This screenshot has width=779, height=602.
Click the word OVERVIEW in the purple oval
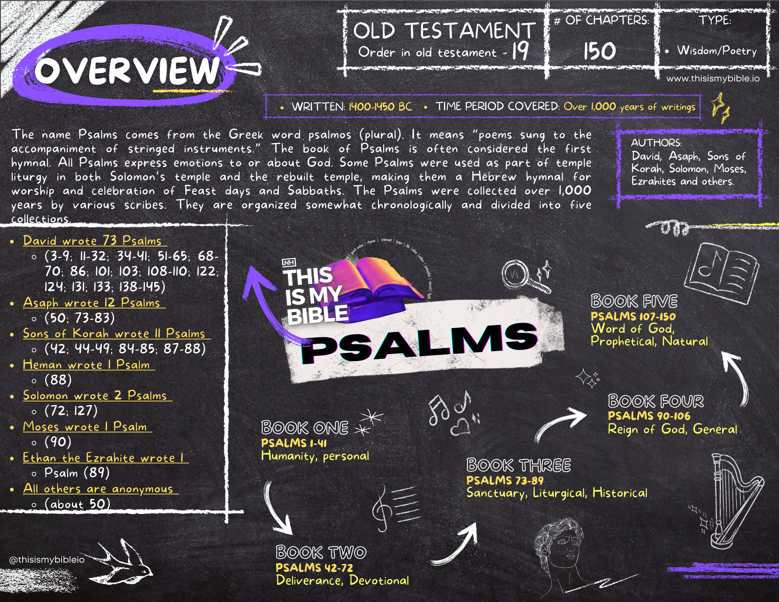[127, 70]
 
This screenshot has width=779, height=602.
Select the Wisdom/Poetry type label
[716, 51]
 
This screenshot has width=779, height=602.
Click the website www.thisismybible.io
[713, 79]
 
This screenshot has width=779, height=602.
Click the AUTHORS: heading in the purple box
[656, 143]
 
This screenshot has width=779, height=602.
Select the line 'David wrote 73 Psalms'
[92, 241]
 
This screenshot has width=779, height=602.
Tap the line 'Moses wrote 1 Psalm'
[85, 427]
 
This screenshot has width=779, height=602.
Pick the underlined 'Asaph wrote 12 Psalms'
[92, 303]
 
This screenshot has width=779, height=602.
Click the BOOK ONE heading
[305, 428]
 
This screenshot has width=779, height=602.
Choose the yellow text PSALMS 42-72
[314, 568]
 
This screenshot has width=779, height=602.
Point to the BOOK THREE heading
[518, 465]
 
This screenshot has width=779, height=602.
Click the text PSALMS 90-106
[649, 416]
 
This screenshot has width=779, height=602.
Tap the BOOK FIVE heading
[634, 301]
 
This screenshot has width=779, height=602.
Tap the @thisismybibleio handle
[47, 560]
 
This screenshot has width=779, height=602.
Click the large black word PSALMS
[419, 343]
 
